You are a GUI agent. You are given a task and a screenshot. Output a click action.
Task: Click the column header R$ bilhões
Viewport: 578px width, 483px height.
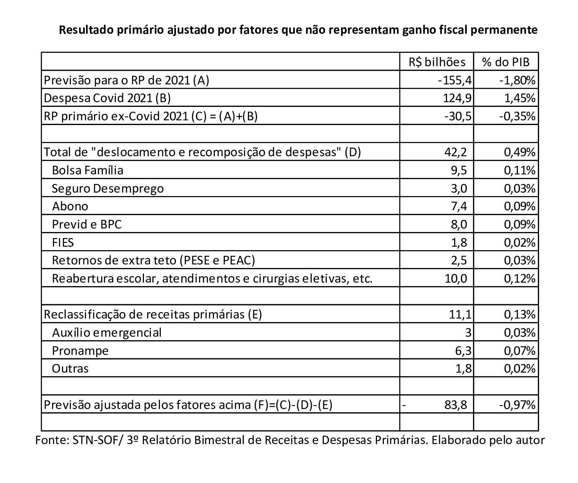pyautogui.click(x=437, y=62)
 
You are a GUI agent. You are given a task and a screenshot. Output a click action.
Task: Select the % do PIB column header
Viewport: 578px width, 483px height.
pyautogui.click(x=505, y=62)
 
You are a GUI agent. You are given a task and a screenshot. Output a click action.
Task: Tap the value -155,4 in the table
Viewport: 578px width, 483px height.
pyautogui.click(x=454, y=80)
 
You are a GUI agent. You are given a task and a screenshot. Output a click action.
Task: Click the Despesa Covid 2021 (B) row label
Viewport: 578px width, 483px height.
pyautogui.click(x=108, y=98)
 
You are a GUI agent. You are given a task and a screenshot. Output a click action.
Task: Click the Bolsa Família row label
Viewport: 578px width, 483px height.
pyautogui.click(x=87, y=171)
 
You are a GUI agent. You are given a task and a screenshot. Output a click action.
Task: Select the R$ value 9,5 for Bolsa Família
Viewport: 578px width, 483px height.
pyautogui.click(x=459, y=171)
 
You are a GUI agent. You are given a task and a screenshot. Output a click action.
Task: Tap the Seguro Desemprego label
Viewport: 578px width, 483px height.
pyautogui.click(x=108, y=189)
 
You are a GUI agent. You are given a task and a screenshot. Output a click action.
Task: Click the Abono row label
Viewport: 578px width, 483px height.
pyautogui.click(x=70, y=206)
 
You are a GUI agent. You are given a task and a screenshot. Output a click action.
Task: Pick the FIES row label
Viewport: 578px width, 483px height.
pyautogui.click(x=63, y=242)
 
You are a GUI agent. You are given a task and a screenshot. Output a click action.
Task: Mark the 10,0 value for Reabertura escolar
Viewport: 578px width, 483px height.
pyautogui.click(x=456, y=278)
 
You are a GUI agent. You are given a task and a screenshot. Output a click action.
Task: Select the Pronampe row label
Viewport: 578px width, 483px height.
pyautogui.click(x=80, y=351)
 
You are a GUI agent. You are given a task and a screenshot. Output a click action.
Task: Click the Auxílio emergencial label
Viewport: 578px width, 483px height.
pyautogui.click(x=106, y=332)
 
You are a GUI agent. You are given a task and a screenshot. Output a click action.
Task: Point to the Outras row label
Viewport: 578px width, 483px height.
pyautogui.click(x=70, y=369)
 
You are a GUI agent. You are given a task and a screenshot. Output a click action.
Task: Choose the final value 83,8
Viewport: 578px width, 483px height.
pyautogui.click(x=455, y=405)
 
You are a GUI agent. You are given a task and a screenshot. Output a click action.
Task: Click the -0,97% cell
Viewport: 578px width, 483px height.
pyautogui.click(x=517, y=405)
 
